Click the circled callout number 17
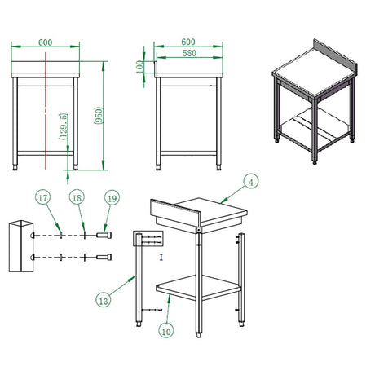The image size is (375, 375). (43, 197)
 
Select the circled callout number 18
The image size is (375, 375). (77, 197)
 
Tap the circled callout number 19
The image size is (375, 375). (112, 198)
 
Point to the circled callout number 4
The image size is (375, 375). (251, 181)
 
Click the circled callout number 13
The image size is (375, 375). (104, 301)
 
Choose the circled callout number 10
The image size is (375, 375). (166, 331)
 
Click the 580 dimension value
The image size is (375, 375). (189, 53)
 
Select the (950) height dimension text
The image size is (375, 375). (99, 116)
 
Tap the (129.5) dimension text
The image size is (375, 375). (64, 126)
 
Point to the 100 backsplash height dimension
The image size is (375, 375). (139, 67)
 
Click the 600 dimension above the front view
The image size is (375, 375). (45, 42)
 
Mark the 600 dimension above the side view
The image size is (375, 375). (188, 42)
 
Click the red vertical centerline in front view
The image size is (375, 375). (46, 111)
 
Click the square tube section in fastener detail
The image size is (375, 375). (21, 246)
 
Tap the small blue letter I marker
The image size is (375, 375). (161, 257)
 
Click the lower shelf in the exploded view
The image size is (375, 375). (199, 288)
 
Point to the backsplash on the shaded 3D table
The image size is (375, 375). (336, 56)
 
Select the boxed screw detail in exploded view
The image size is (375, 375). (148, 239)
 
